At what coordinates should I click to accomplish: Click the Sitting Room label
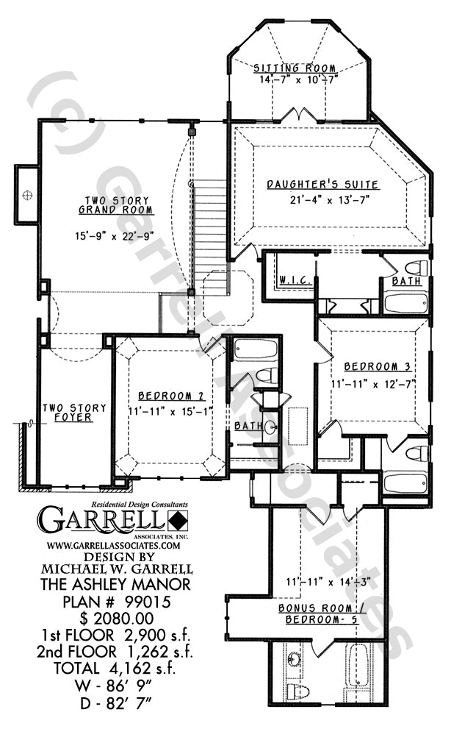(x=295, y=68)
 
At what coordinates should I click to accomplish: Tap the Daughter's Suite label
(x=323, y=185)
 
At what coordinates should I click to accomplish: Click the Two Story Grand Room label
(x=116, y=205)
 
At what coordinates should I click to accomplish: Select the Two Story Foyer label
(x=74, y=412)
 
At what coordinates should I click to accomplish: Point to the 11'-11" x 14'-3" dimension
(x=328, y=582)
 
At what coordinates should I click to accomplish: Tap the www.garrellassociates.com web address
(x=114, y=545)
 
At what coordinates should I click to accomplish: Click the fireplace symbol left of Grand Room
(x=27, y=194)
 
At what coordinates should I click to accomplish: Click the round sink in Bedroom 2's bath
(x=271, y=428)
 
